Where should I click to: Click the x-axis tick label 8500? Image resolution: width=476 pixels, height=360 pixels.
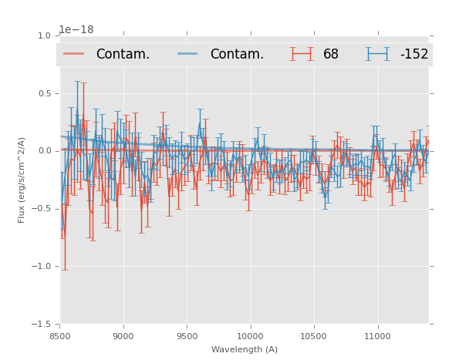[x=60, y=337]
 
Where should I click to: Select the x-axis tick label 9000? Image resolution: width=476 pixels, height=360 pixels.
[x=123, y=337]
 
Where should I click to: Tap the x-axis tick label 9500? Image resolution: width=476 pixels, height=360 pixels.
[x=187, y=337]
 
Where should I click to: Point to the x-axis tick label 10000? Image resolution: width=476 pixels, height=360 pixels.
[x=250, y=337]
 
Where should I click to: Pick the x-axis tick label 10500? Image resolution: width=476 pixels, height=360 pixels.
[x=313, y=337]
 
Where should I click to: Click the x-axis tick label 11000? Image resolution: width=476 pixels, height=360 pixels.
[x=376, y=337]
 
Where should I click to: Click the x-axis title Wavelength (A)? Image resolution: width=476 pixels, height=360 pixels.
[x=245, y=350]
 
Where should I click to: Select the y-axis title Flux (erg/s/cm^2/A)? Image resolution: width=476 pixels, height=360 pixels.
[x=22, y=180]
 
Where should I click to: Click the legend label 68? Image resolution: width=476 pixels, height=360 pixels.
[x=331, y=55]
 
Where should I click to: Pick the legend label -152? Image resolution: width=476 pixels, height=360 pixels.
[x=414, y=55]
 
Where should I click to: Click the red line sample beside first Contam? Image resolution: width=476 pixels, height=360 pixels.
[x=74, y=54]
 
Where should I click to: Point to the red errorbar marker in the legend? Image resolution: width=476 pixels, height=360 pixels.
[x=302, y=54]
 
